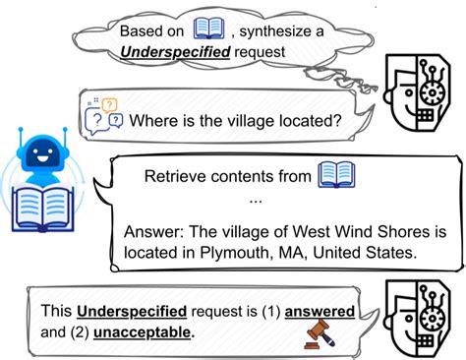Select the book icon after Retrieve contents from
point(335,176)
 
